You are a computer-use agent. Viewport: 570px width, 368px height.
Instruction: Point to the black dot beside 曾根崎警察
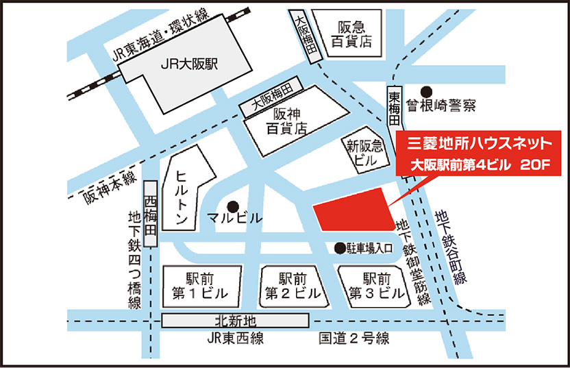[x=426, y=90]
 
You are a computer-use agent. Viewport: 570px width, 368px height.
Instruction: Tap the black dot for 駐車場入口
[x=338, y=247]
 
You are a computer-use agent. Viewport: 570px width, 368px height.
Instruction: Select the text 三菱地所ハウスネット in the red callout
[x=479, y=144]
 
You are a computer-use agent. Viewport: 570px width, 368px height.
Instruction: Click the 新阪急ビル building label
[x=362, y=151]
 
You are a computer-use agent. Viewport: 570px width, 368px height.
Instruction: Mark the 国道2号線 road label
[x=354, y=338]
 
